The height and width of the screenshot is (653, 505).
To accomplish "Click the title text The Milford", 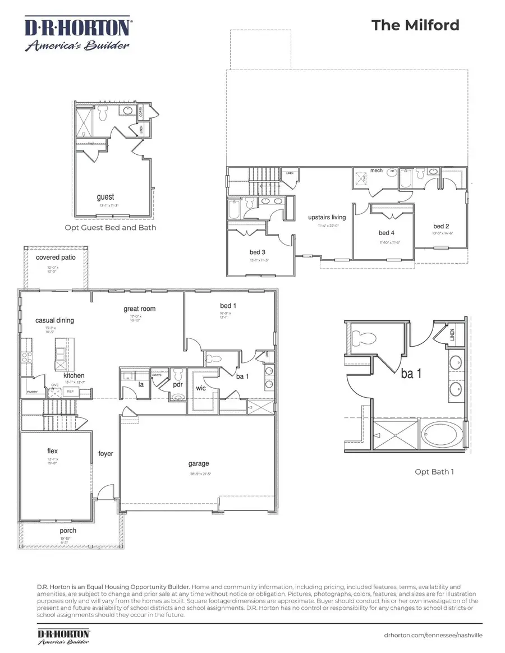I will click(416, 25).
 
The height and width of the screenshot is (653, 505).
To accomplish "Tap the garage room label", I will click(199, 463).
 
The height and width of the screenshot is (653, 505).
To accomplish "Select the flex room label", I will click(53, 451).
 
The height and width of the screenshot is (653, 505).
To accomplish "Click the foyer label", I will click(105, 453).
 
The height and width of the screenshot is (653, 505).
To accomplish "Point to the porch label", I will click(68, 530).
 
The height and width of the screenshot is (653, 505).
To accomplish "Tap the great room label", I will click(140, 309).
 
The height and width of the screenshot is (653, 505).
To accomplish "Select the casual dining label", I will click(54, 320).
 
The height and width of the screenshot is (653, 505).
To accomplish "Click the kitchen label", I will click(74, 375).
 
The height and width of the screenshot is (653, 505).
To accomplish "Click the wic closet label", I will click(201, 388).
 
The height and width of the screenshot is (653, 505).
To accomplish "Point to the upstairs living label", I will click(327, 217).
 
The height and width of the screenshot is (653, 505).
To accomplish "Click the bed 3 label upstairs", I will click(258, 252).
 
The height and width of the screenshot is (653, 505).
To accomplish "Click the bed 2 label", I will click(442, 226).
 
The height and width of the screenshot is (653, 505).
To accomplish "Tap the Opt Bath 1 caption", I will click(434, 471).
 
